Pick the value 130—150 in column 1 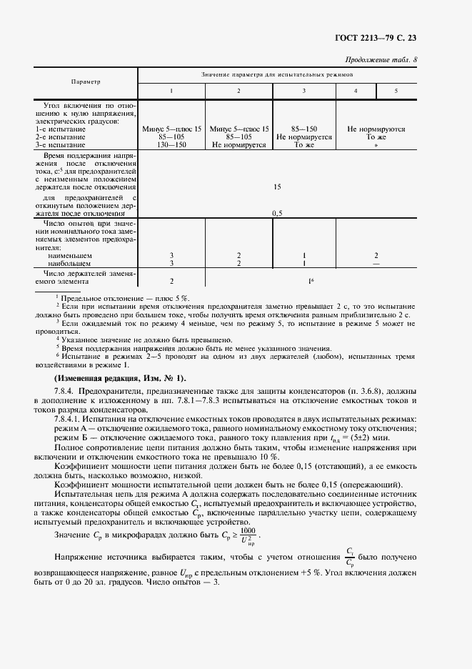pos(171,144)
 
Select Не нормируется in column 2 pos(238,144)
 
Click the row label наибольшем pos(66,262)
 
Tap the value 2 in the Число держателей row pos(171,282)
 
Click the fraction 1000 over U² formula pos(247,535)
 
